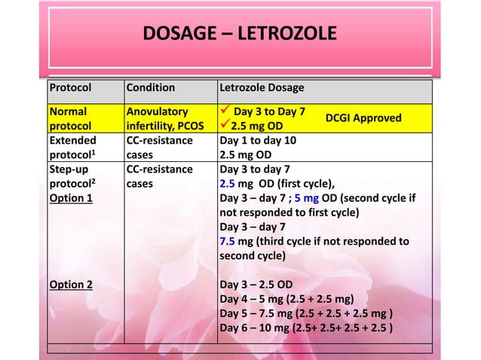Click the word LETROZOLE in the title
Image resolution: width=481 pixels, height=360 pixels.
pyautogui.click(x=284, y=35)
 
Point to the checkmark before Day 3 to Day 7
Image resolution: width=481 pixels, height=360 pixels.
pyautogui.click(x=224, y=111)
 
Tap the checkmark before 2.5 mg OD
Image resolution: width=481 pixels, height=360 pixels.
pyautogui.click(x=224, y=125)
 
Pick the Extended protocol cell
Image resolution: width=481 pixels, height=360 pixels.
pyautogui.click(x=70, y=147)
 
